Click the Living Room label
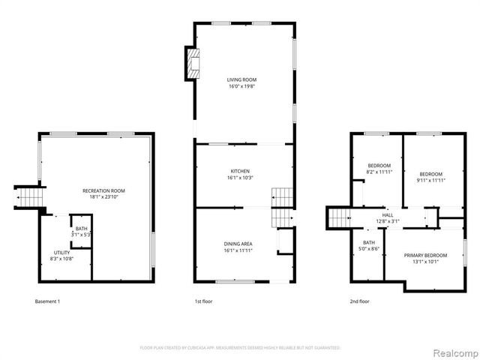[242, 79]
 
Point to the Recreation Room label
[103, 191]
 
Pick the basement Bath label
[81, 228]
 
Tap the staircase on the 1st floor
[281, 206]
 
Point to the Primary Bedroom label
[425, 256]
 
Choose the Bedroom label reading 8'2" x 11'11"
[379, 165]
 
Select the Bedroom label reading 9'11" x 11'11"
[430, 173]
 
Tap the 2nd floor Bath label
[369, 242]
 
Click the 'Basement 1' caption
[47, 301]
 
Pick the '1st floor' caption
[204, 301]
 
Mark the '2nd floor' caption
[359, 301]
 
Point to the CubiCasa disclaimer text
[240, 348]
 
